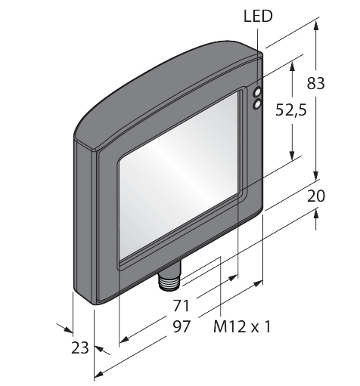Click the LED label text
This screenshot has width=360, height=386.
258,16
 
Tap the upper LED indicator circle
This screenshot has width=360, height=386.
257,91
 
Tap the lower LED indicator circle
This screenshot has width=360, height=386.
257,104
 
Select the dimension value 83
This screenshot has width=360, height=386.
315,83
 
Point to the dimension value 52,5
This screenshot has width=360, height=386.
291,110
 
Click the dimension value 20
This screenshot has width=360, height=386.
316,196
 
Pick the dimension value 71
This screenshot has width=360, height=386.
181,306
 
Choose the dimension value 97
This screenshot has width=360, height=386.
182,326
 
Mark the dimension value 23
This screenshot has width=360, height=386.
80,347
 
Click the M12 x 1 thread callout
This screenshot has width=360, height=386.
242,327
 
